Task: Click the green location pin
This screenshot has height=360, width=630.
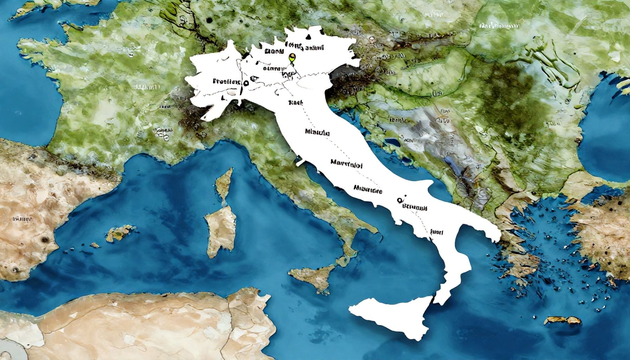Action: (291, 58)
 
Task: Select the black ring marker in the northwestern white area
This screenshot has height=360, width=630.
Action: (246, 83)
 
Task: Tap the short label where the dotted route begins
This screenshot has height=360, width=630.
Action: (295, 103)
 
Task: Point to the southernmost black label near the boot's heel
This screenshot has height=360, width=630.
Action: (437, 232)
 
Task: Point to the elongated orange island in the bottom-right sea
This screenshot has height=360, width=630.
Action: (562, 320)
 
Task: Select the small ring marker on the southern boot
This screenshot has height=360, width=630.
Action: (399, 200)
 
